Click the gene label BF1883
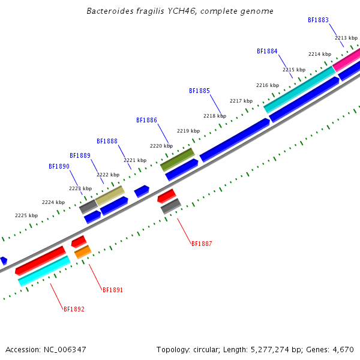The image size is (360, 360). coord(318,20)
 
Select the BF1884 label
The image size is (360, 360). coord(267,51)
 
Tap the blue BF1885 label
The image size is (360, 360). coord(199,91)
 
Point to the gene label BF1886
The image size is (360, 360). coord(146,121)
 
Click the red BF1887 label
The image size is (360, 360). coord(202,244)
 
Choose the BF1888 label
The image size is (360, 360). coord(107,141)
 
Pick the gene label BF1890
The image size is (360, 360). coord(59,166)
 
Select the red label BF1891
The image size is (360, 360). coord(113,290)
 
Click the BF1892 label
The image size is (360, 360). coord(74,309)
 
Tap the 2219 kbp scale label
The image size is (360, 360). coord(188,131)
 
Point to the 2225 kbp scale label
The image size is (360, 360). coord(26,215)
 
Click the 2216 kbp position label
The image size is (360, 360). coord(268,85)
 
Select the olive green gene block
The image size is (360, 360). coord(178,160)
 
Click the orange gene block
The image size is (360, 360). coord(83,252)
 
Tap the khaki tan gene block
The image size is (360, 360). coord(110,196)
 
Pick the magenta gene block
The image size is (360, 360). coord(346,60)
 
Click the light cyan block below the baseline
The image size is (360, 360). coord(44,271)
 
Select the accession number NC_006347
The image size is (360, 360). coord(65,350)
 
